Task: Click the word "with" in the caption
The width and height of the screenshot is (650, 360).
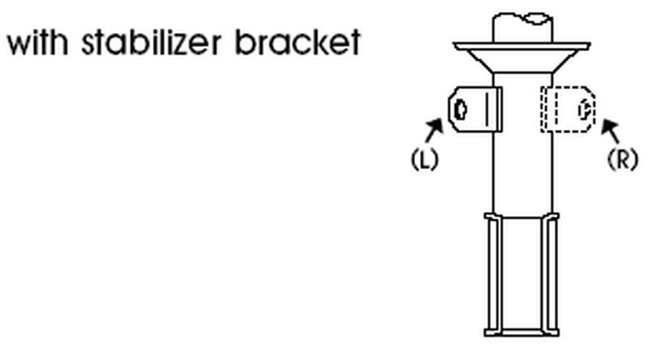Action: (37, 42)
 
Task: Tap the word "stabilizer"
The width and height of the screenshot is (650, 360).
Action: (151, 42)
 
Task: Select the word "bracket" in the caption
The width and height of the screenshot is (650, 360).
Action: (298, 42)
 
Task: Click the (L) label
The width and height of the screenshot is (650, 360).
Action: (424, 159)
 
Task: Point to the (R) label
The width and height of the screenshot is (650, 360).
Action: (622, 159)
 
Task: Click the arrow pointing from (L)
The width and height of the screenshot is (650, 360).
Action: (434, 130)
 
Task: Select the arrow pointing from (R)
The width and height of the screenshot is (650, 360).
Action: (610, 131)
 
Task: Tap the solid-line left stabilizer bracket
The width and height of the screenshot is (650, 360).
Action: (475, 110)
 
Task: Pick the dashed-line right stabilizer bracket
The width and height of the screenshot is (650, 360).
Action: (568, 110)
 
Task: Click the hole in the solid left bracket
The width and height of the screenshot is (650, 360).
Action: (460, 110)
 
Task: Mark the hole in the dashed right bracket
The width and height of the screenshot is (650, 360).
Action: (585, 110)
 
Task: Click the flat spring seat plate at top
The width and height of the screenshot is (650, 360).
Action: (522, 46)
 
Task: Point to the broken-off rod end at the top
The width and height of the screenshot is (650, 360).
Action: (522, 28)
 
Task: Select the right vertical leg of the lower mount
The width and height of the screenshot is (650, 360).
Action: (551, 274)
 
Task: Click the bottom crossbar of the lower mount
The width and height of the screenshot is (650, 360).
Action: (522, 332)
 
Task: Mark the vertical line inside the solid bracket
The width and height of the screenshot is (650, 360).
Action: (486, 109)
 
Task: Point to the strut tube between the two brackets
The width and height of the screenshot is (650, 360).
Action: (522, 110)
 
